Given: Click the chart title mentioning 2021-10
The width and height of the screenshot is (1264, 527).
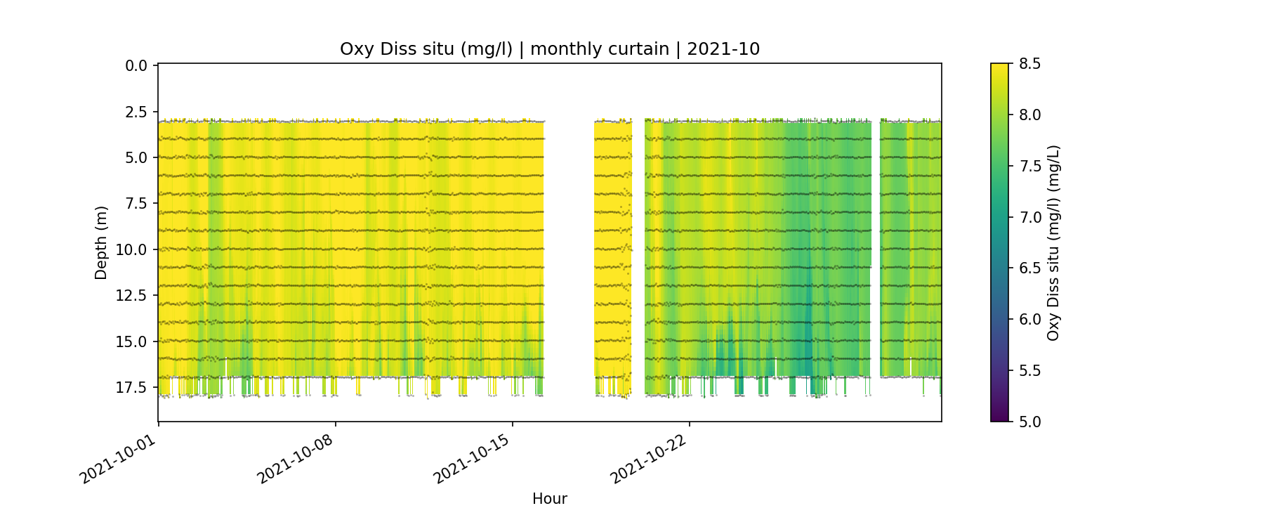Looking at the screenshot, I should [x=549, y=49].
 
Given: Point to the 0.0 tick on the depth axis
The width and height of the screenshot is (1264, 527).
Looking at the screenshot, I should [x=136, y=66].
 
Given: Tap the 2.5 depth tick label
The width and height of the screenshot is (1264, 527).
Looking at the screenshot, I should [x=136, y=112].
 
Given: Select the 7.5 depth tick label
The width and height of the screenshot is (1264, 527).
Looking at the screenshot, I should [x=136, y=204].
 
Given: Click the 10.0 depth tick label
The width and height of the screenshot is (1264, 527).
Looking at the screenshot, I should [x=133, y=250].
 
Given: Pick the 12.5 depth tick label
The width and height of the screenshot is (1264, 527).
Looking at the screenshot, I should [x=133, y=296].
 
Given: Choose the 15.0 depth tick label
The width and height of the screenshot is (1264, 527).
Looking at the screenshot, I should [x=133, y=342].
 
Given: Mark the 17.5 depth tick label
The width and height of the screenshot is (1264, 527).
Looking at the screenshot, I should [x=133, y=388].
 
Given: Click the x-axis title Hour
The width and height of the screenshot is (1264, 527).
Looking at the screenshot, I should [x=549, y=499].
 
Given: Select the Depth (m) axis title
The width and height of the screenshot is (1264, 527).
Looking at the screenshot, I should [x=101, y=242].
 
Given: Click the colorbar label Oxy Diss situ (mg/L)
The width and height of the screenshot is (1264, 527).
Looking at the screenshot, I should [x=1053, y=242].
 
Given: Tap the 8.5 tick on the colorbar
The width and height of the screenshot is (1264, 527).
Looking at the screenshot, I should [x=1029, y=64].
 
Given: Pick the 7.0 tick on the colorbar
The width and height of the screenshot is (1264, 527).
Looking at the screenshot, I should [x=1029, y=217].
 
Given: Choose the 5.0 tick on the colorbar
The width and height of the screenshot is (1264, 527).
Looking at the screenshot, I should [x=1029, y=422].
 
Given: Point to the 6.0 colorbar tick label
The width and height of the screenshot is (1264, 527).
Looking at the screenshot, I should [x=1029, y=320].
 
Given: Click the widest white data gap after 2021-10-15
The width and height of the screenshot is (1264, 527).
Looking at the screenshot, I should [x=569, y=253].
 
